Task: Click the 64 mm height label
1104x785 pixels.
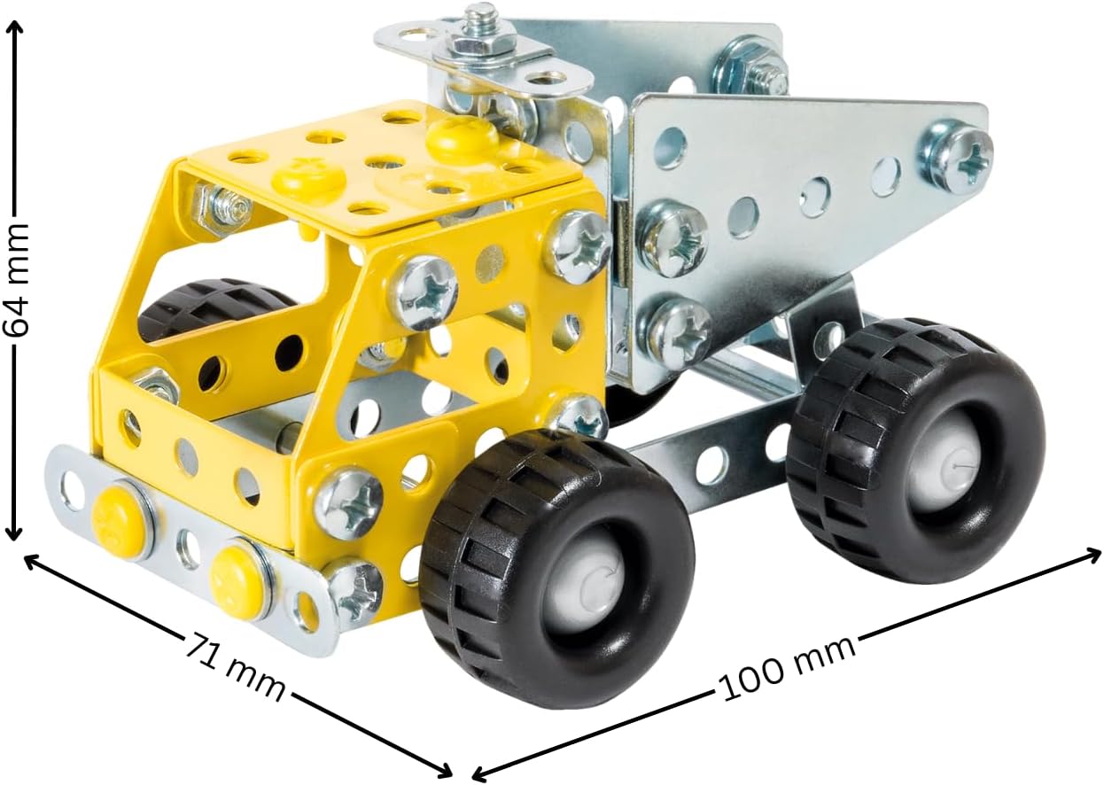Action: click(x=16, y=281)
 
